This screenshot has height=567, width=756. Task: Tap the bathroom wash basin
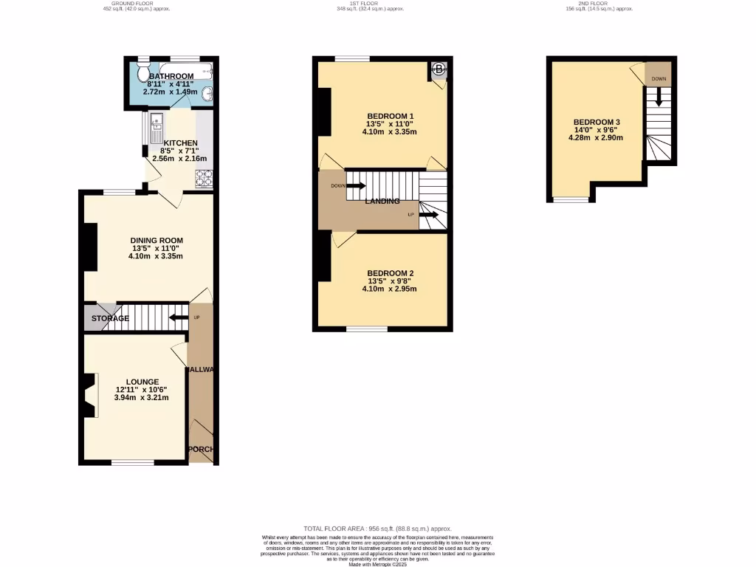[x=207, y=93]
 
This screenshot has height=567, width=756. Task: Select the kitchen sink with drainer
[x=157, y=128]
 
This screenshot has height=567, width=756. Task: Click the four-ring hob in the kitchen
[x=204, y=178]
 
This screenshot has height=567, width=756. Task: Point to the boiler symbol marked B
[x=439, y=70]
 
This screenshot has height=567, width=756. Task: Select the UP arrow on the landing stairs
[x=429, y=215]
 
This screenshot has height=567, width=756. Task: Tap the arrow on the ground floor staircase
[x=178, y=318]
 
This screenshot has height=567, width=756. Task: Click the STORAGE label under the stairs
[x=110, y=318]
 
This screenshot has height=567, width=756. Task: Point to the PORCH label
[x=201, y=449]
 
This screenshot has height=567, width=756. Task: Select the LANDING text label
[x=381, y=201]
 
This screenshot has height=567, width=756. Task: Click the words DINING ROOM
[x=156, y=241]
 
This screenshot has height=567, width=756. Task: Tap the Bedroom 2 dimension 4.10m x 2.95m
[x=389, y=289]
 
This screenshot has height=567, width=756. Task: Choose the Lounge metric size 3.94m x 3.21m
[x=142, y=397]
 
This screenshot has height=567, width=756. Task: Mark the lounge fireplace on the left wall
[x=89, y=396]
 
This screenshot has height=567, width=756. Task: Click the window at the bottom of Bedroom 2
[x=367, y=327]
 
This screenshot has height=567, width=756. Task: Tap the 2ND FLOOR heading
[x=594, y=3]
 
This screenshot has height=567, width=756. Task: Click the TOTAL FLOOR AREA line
[x=377, y=529]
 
